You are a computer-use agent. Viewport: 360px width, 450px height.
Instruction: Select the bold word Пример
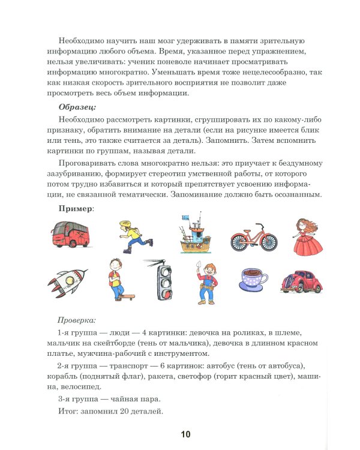75,207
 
